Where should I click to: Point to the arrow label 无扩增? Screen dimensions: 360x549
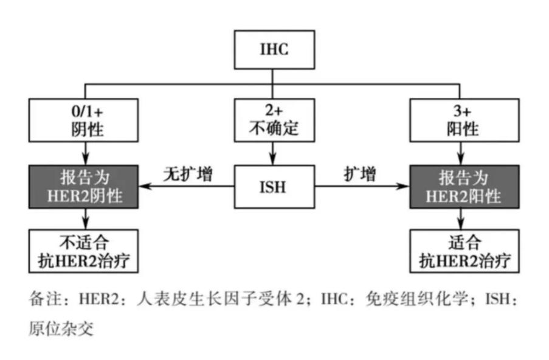tap(187, 174)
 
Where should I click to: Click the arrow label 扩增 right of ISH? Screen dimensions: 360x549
tap(359, 174)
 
